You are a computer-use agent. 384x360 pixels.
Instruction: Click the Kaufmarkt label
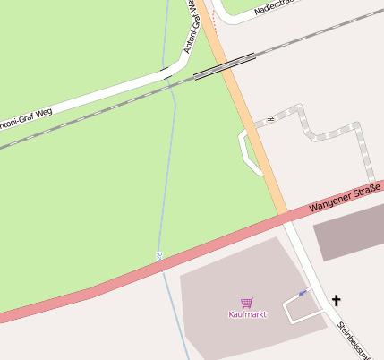click(247, 314)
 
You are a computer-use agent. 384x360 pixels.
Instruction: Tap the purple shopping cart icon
click(247, 303)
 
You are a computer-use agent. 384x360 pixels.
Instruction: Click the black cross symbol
click(337, 301)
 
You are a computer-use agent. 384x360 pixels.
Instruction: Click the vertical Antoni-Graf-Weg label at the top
click(192, 27)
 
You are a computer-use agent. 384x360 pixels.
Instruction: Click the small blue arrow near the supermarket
click(303, 293)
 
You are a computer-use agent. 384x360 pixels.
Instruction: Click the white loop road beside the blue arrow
click(301, 309)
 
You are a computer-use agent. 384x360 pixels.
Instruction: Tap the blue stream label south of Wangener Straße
click(158, 256)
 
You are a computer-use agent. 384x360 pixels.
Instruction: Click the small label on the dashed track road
click(269, 119)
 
